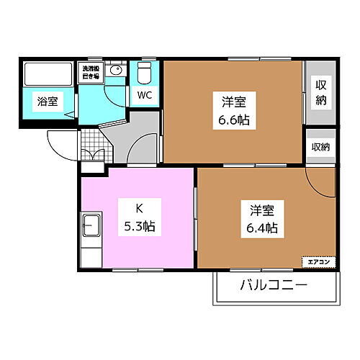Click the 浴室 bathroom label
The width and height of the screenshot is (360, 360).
coord(48,102)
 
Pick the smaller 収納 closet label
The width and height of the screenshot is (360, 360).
coord(320,147)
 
